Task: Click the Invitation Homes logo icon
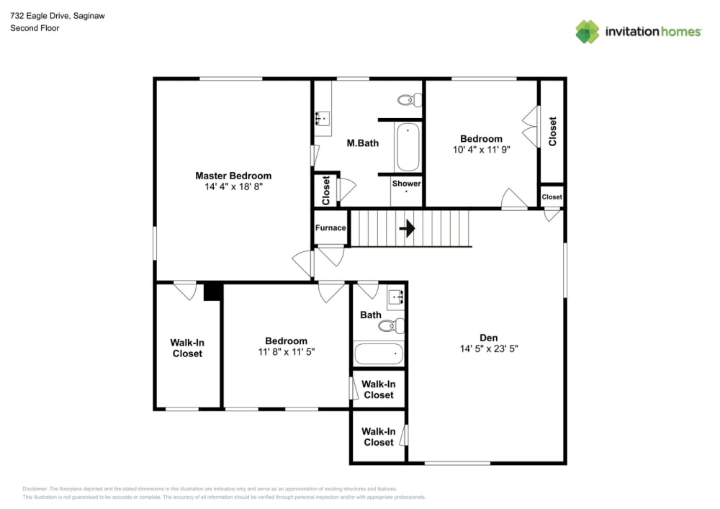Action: pos(587,32)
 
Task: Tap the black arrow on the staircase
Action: pos(408,229)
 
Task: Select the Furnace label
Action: pos(330,228)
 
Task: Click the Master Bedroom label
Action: pos(233,176)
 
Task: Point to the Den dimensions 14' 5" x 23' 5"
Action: pos(489,348)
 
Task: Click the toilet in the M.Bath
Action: pos(410,100)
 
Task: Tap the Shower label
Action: pos(406,184)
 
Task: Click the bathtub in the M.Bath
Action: pos(407,147)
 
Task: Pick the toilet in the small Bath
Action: pos(391,326)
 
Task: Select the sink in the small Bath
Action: pos(395,297)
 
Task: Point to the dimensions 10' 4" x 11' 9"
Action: pos(481,150)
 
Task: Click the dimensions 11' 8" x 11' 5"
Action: pos(286,352)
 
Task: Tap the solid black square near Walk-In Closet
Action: pos(213,292)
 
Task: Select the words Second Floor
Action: pos(35,28)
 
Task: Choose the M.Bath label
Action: pos(362,143)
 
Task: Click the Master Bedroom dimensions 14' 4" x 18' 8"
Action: pos(233,186)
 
